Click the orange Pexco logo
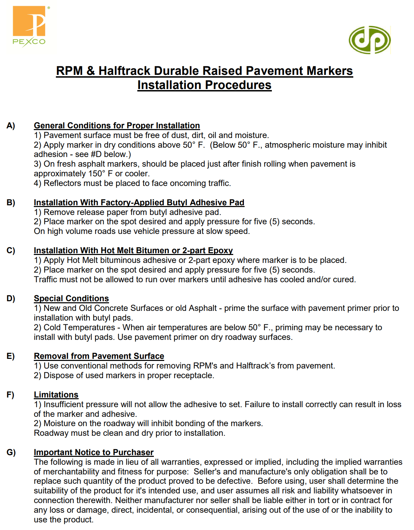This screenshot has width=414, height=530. pos(29,26)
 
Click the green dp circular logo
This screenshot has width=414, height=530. pos(369,40)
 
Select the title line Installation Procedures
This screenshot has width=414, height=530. pos(204,85)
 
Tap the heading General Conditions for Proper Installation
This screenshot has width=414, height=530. pos(117,126)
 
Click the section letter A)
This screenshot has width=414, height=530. pos(11,126)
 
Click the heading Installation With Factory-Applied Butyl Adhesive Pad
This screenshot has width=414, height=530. pos(139,203)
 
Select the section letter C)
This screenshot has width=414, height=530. pos(11,251)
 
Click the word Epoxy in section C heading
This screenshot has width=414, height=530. pos(220,251)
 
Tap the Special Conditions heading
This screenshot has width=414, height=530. pos(71,298)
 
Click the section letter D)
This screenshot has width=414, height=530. pos(11,298)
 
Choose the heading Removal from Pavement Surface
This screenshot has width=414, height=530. pos(99,356)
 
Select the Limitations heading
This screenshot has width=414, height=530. pos(56,395)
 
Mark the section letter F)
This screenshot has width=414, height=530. pos(10,395)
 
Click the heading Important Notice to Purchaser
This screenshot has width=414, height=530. pos(93,452)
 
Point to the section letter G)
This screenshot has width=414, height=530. pos(11,452)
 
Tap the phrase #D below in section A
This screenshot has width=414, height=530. pos(110,154)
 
